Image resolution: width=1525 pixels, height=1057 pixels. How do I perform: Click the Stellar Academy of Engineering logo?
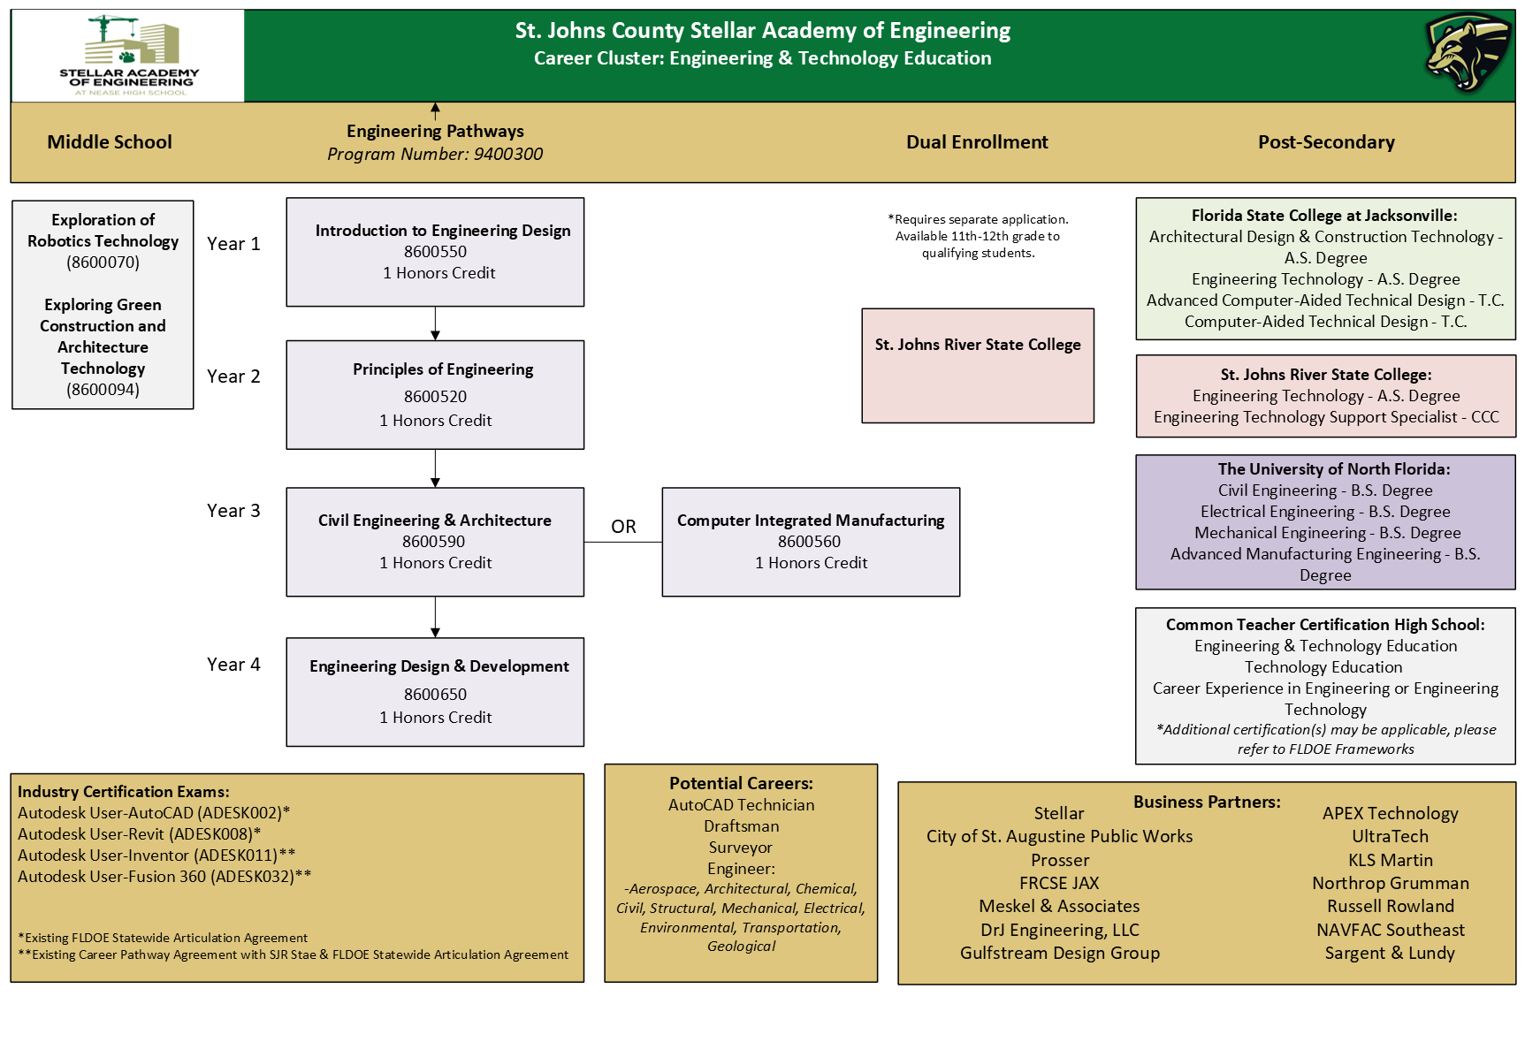click(129, 56)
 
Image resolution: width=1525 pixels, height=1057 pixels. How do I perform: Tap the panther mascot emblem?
click(1468, 52)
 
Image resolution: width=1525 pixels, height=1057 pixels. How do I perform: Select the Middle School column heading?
click(110, 142)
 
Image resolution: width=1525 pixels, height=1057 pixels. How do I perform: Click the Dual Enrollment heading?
click(977, 142)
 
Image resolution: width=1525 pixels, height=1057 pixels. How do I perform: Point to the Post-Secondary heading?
click(1326, 142)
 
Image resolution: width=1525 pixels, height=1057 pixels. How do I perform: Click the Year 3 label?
click(233, 511)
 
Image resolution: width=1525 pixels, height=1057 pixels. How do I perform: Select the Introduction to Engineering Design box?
click(435, 252)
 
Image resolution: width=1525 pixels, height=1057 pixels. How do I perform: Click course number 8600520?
click(435, 397)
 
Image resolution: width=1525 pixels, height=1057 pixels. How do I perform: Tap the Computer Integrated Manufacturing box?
click(811, 542)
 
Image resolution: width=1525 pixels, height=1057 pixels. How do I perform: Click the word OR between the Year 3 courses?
click(623, 527)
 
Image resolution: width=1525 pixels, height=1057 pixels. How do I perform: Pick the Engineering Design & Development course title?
click(439, 666)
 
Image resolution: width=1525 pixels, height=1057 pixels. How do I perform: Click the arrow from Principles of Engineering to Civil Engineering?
click(435, 468)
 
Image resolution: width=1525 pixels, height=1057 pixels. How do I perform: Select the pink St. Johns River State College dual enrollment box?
click(978, 366)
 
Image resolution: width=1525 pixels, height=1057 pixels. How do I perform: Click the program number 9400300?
click(507, 154)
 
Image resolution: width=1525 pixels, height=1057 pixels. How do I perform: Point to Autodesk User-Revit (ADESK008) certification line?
click(139, 834)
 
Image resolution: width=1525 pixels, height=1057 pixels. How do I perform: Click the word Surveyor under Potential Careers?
click(741, 848)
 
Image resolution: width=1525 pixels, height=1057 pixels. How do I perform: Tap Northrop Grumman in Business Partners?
click(1391, 883)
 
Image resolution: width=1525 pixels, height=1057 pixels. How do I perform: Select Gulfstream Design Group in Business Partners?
click(1060, 953)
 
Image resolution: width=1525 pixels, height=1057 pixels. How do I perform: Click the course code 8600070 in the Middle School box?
click(103, 262)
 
